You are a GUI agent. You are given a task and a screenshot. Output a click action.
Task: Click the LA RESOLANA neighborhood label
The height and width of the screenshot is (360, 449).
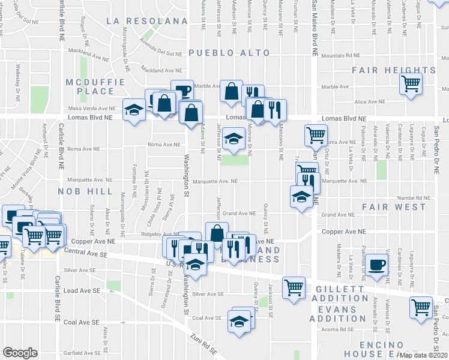(x=147, y=20)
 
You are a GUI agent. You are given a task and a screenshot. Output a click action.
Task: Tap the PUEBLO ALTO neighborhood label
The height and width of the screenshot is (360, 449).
(x=229, y=53)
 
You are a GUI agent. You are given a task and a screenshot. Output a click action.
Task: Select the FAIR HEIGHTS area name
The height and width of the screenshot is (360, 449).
(x=393, y=70)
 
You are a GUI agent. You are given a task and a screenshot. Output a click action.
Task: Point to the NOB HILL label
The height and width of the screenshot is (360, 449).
(x=85, y=191)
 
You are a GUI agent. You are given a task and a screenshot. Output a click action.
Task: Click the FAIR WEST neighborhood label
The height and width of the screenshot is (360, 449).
(x=394, y=207)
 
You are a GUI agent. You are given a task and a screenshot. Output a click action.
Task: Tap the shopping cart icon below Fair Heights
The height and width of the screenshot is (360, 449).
(x=411, y=83)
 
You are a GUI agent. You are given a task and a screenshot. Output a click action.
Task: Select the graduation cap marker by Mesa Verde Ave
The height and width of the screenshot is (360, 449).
(x=134, y=109)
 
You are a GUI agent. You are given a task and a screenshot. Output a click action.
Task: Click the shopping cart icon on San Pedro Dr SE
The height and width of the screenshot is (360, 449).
(x=421, y=307)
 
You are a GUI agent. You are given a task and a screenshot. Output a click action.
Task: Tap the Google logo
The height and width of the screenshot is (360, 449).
(x=20, y=353)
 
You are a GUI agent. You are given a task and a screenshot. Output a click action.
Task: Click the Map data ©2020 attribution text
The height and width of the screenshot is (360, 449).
(x=423, y=355)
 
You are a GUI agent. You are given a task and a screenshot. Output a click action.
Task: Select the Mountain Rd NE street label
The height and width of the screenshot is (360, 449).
(x=340, y=56)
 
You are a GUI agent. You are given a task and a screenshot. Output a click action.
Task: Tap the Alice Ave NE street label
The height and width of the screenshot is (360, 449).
(x=370, y=103)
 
